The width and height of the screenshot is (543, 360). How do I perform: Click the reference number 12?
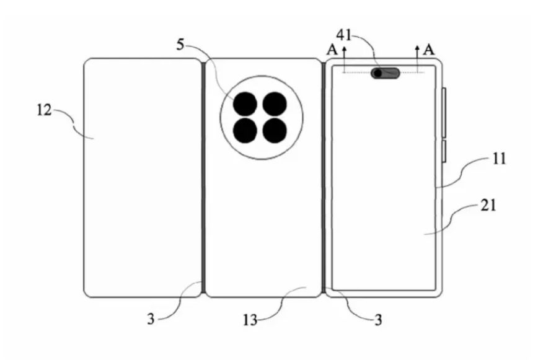point(44,110)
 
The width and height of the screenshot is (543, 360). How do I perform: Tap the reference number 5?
point(180,45)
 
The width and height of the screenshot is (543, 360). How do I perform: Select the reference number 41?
point(344,35)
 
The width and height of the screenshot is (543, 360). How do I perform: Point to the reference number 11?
point(499,159)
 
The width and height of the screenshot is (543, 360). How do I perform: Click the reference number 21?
point(488,206)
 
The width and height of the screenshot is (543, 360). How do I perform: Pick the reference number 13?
point(250,320)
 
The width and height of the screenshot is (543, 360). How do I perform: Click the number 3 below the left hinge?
point(151,318)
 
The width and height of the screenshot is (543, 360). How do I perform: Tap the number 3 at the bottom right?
point(379,320)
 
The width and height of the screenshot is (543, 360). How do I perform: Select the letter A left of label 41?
point(332,50)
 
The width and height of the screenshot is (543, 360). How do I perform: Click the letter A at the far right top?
point(429,50)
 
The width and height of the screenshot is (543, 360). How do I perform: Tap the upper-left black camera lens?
point(245,104)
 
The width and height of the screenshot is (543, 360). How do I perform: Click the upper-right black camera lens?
point(275,104)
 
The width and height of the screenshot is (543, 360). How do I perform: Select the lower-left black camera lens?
point(245,131)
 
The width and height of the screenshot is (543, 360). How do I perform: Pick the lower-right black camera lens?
point(275,131)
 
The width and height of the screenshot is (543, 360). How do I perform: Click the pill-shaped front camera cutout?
point(386,73)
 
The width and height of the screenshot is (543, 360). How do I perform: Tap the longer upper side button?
point(444,113)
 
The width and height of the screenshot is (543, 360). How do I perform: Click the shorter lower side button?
point(444,151)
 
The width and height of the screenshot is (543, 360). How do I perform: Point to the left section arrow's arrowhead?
point(344,48)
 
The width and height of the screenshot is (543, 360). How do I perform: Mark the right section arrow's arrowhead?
point(418,48)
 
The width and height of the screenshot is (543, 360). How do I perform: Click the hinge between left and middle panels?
point(203,178)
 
